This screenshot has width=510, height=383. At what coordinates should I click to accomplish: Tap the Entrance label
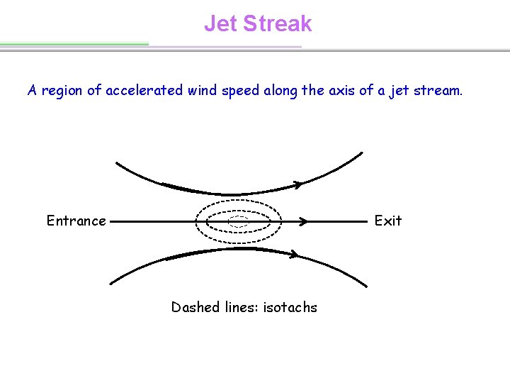76,221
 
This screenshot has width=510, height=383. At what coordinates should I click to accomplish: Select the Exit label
387,221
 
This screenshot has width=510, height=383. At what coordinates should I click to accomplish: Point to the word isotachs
290,307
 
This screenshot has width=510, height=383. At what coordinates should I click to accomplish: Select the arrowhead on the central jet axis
302,221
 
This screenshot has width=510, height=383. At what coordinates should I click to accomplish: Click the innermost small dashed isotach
239,221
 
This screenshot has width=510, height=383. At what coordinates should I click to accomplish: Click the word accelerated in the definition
144,91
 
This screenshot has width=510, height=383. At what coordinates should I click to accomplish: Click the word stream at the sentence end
436,91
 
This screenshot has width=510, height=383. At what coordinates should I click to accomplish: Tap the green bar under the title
74,44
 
